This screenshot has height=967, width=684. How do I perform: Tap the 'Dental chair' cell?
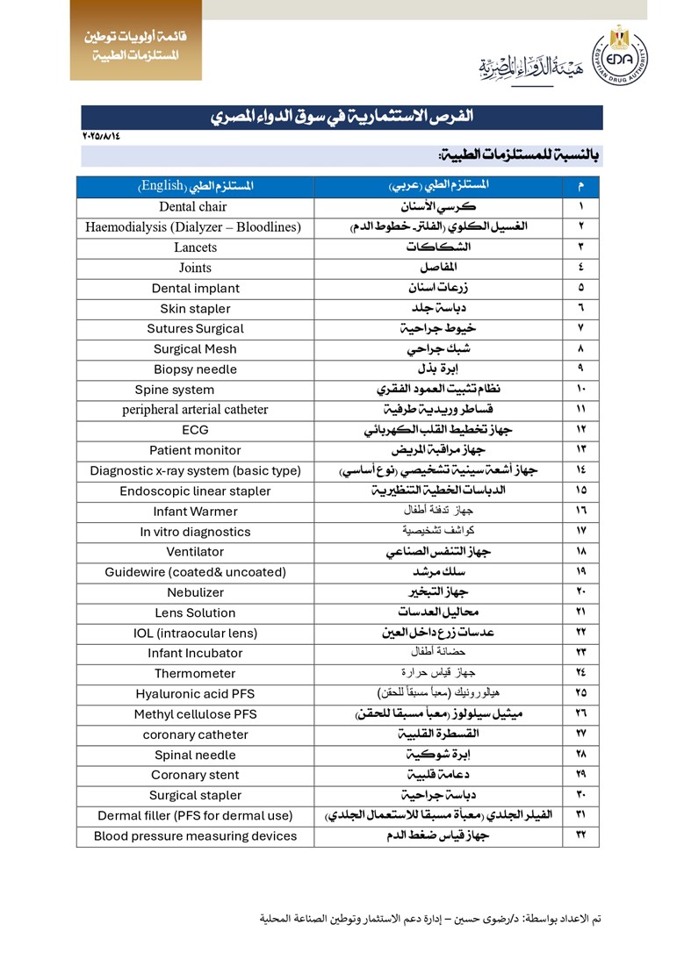tap(193, 207)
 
